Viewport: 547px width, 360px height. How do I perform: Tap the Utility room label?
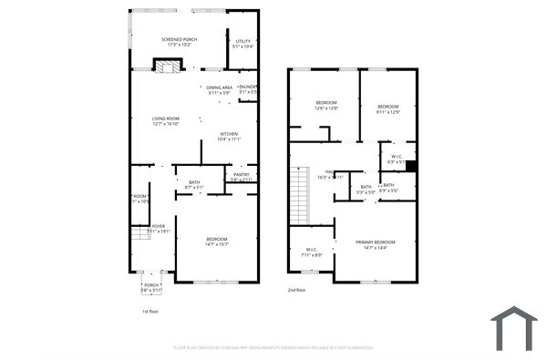point(243,44)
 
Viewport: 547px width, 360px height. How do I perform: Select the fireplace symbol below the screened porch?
point(166,65)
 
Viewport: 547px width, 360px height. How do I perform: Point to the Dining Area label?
point(219,90)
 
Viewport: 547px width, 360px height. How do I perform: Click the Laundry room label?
point(248,89)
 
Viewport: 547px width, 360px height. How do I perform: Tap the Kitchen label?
point(228,137)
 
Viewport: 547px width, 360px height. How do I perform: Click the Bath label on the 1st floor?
point(194,185)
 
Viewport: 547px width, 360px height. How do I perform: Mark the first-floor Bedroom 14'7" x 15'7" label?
point(216,242)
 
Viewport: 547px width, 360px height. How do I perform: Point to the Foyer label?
point(159,229)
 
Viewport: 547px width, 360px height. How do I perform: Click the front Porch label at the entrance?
point(151,287)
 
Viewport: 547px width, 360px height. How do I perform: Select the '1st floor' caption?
point(151,312)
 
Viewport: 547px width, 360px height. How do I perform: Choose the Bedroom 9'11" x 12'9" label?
point(388,108)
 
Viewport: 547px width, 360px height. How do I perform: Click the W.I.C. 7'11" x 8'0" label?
point(311,252)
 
